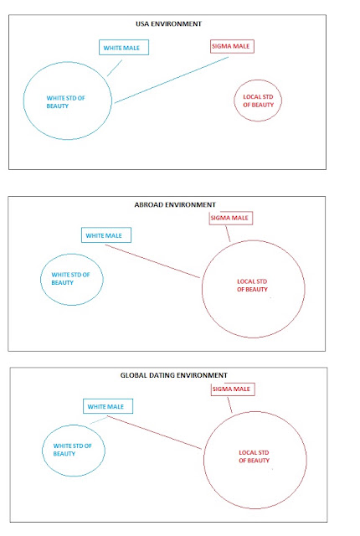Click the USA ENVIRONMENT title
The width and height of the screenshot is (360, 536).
[x=169, y=24]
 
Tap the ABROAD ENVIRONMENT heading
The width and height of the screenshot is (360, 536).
[x=175, y=204]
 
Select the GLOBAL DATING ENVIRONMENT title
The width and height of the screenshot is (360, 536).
[x=173, y=375]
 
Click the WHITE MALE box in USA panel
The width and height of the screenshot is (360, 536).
[x=124, y=48]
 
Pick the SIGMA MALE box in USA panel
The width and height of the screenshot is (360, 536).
[x=232, y=46]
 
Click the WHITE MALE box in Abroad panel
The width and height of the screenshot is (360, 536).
[x=106, y=235]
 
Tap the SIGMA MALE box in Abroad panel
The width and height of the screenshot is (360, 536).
[x=231, y=218]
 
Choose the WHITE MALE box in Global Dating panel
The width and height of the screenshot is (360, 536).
[x=108, y=406]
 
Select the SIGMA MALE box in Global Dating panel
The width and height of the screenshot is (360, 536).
[x=233, y=389]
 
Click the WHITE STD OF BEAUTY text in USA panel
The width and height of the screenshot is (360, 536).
[x=65, y=102]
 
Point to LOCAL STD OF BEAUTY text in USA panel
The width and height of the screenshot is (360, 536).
[x=258, y=100]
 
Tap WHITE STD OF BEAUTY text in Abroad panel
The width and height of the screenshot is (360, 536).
[x=70, y=279]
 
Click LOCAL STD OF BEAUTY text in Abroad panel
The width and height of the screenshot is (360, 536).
[x=252, y=286]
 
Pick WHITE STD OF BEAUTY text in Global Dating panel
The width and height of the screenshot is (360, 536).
[x=72, y=450]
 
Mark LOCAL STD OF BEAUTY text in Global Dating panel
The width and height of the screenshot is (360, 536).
[x=255, y=456]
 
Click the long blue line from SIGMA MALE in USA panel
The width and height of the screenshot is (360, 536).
[x=172, y=80]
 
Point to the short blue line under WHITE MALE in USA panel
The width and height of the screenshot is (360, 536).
[x=115, y=68]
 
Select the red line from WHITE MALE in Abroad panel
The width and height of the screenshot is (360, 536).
[x=152, y=261]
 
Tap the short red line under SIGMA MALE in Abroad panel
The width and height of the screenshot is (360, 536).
[x=228, y=234]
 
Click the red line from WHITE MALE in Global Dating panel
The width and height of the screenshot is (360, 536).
[x=154, y=432]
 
